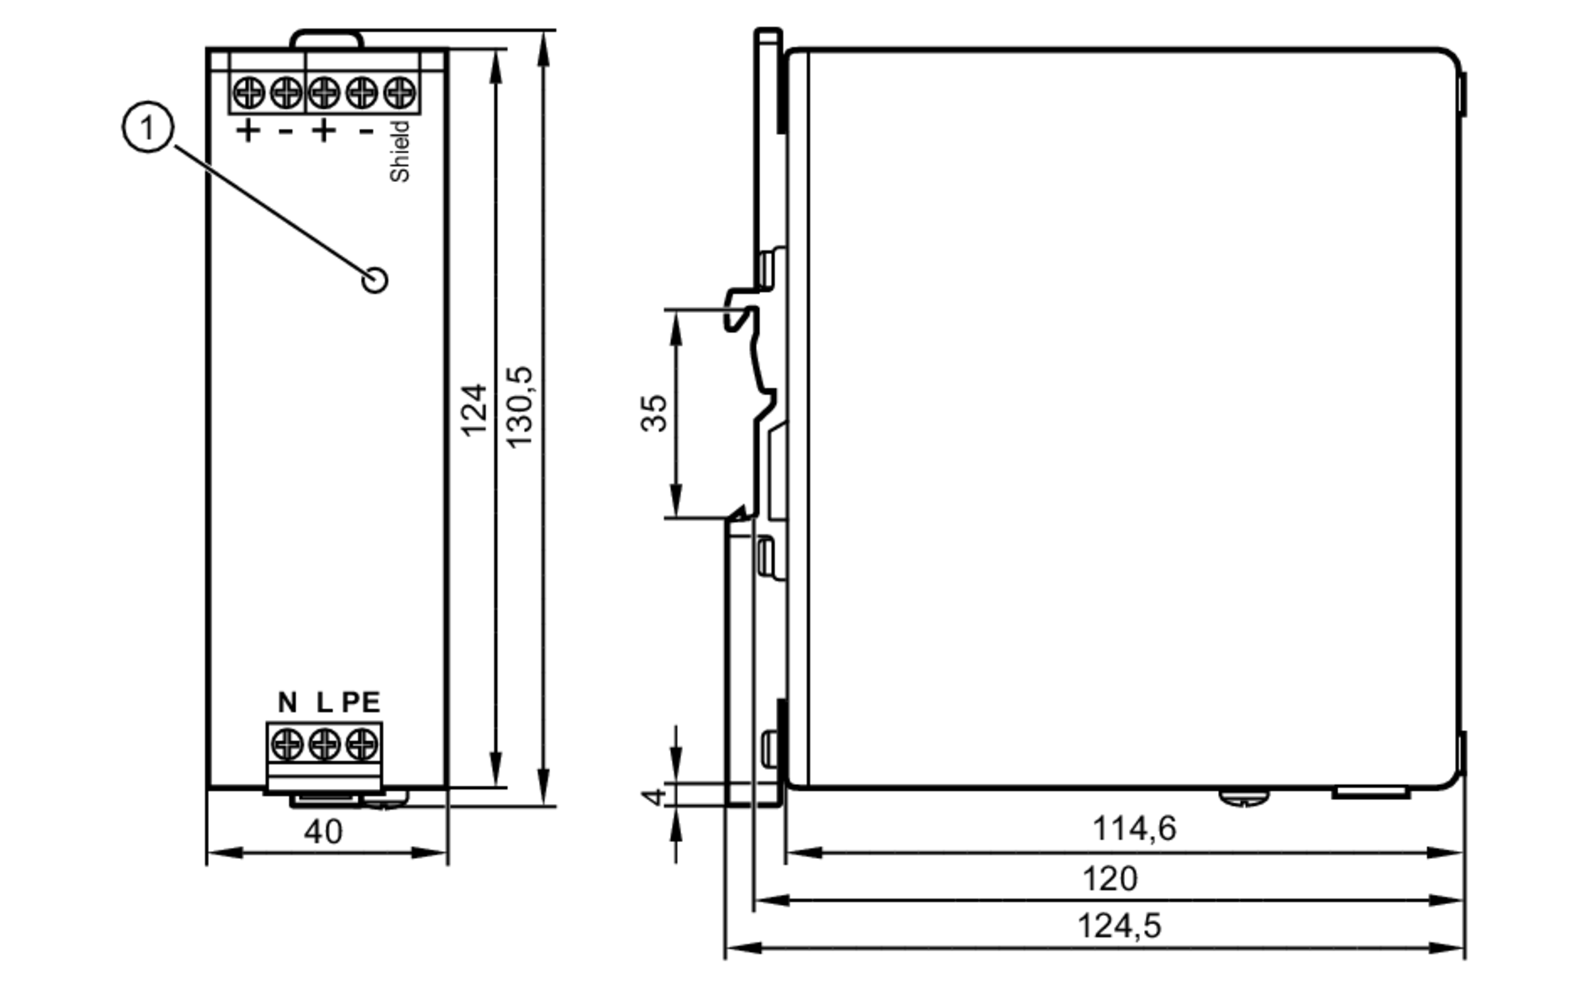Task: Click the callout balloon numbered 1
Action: pos(148,127)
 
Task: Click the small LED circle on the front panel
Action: pos(374,280)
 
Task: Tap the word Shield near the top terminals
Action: pos(400,152)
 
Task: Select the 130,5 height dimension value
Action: pos(520,407)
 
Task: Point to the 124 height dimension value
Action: pos(475,410)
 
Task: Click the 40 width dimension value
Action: pos(323,832)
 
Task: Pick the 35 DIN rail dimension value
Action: pos(653,413)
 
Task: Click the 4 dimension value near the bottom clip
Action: pos(653,795)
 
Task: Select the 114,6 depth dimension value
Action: pos(1134,829)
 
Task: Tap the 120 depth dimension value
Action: pos(1110,879)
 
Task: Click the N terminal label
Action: pos(287,702)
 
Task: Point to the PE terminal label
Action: pos(362,702)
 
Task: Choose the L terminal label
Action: pos(324,702)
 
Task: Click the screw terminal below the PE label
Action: pos(362,744)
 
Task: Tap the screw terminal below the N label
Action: pos(287,744)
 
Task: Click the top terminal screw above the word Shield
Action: pos(400,93)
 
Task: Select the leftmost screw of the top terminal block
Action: pos(249,93)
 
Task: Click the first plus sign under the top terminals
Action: pos(248,130)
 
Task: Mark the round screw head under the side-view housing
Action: pos(1244,796)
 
